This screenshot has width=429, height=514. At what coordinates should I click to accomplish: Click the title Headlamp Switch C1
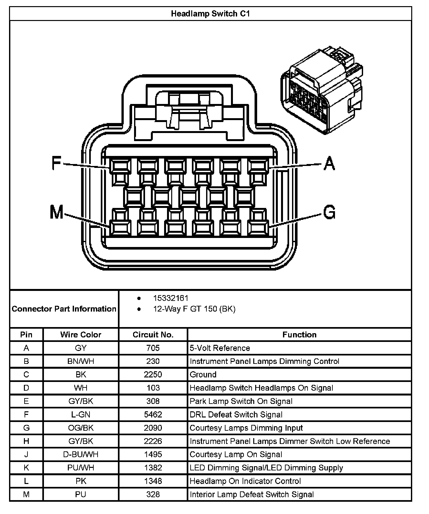tap(210, 14)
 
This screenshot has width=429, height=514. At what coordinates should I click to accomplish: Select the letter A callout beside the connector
tap(329, 163)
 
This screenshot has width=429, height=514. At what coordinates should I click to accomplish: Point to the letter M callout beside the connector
tap(57, 212)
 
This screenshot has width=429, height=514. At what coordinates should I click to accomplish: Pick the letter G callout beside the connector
tap(329, 212)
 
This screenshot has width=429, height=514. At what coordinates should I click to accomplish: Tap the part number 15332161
tap(171, 298)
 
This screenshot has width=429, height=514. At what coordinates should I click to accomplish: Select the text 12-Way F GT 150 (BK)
tap(194, 309)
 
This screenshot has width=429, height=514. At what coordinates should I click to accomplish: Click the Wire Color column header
tap(81, 334)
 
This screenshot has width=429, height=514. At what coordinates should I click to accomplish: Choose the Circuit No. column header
tap(153, 334)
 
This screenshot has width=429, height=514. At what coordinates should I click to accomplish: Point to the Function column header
tap(299, 334)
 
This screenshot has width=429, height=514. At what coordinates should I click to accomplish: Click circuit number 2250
tap(153, 375)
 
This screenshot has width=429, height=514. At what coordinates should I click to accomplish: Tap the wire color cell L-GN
tap(81, 415)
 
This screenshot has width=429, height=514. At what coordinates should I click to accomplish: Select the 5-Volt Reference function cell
tap(220, 348)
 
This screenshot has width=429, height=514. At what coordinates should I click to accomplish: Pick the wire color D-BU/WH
tap(81, 455)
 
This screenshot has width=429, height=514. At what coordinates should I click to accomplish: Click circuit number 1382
tap(153, 468)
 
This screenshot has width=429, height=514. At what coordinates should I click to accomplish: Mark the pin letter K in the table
tap(26, 468)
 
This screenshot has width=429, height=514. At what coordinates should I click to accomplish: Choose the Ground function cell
tap(203, 375)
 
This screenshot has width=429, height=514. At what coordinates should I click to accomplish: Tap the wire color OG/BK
tap(81, 428)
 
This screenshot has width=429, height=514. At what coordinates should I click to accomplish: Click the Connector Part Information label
tap(64, 309)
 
